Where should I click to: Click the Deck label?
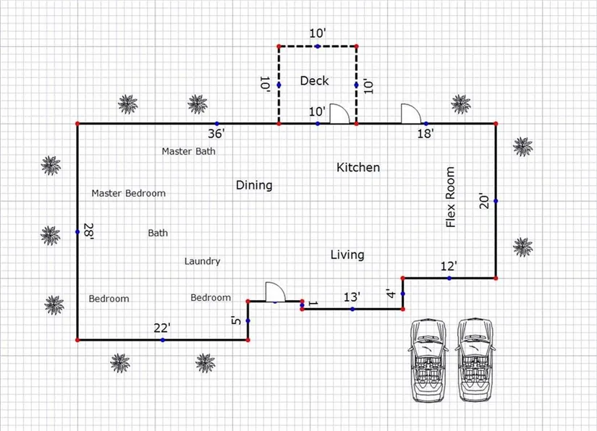point(315,81)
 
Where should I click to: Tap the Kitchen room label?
point(358,168)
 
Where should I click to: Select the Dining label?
point(254,185)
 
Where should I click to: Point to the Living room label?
point(347,255)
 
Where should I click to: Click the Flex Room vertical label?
point(451,197)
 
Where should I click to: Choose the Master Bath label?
point(188,151)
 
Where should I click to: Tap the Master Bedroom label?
point(129,193)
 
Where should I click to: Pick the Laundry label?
point(202,261)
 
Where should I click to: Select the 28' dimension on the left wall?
point(88,231)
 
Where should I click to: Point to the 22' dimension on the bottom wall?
point(162,328)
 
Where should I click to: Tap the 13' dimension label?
point(352,297)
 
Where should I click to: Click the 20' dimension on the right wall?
point(485,200)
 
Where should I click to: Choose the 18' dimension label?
point(425,134)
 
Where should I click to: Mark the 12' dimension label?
point(449,267)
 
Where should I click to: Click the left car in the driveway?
point(429,359)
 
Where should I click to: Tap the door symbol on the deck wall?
point(340,114)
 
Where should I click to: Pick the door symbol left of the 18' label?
point(411,114)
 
